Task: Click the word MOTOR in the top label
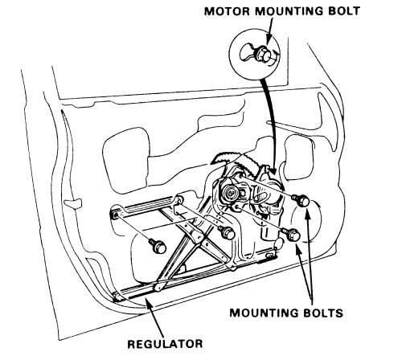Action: [227, 11]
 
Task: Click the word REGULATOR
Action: [165, 344]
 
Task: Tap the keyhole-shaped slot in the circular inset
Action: [247, 52]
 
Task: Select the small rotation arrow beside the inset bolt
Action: [275, 57]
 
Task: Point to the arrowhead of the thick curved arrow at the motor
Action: [273, 170]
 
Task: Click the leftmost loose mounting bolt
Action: [158, 246]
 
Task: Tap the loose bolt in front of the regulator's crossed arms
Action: [227, 233]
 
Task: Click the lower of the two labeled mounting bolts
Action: [292, 235]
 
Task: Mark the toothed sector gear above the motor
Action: [236, 160]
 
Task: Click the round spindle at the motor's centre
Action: [231, 192]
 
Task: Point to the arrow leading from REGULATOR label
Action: [154, 317]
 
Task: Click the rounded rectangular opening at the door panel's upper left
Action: [126, 161]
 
